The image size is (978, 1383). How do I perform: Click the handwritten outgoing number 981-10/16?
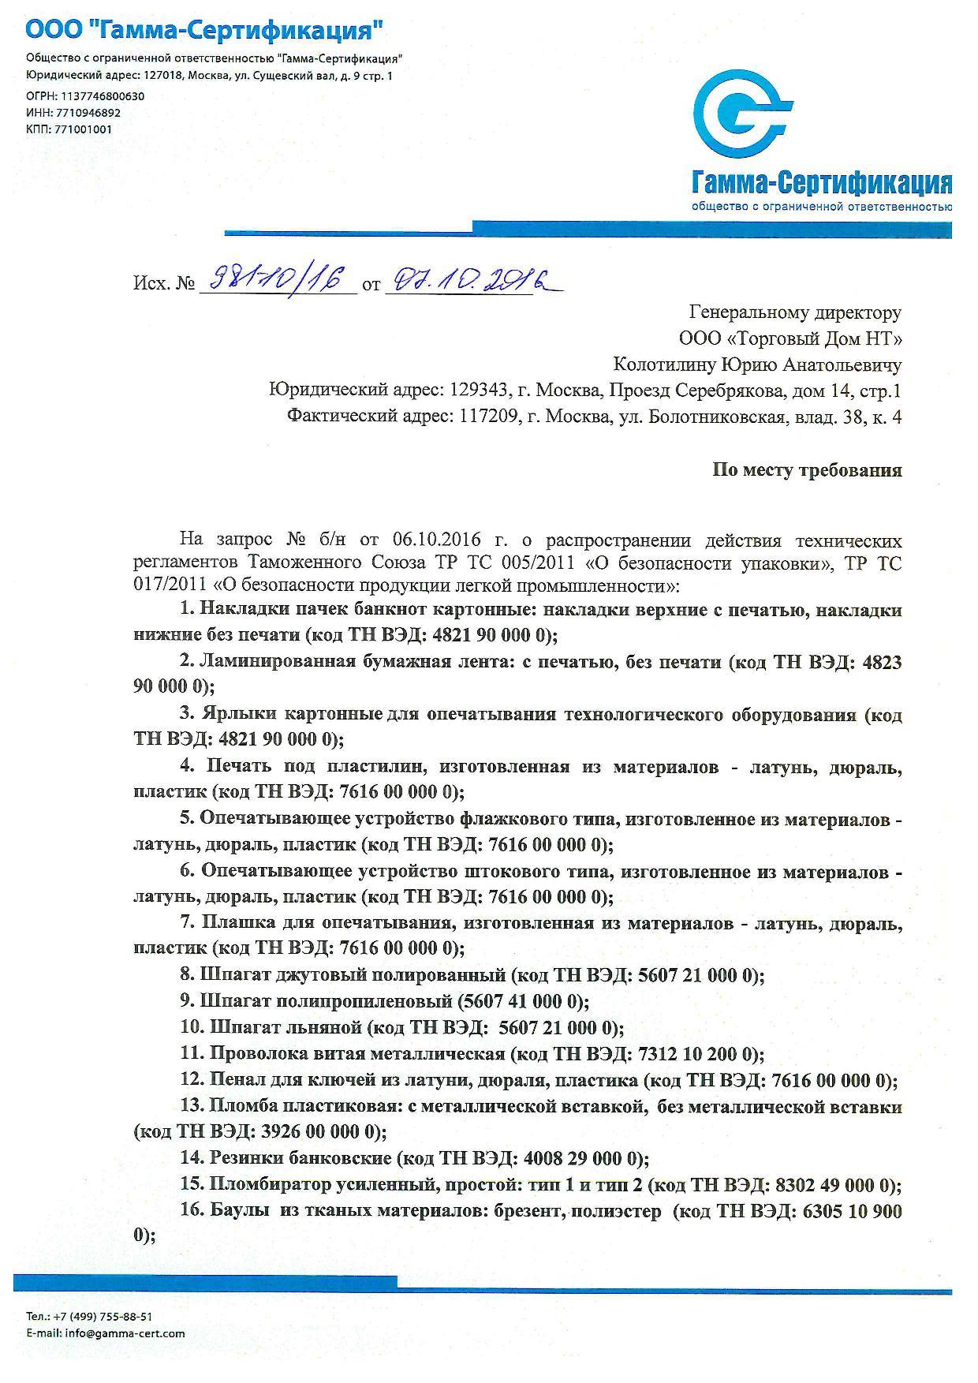coord(276,279)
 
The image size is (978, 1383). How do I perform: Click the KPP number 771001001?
coord(84,129)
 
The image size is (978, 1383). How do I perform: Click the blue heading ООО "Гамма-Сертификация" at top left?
coord(205,32)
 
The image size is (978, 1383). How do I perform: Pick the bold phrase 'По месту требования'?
coord(807,470)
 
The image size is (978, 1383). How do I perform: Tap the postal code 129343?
coord(482,391)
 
